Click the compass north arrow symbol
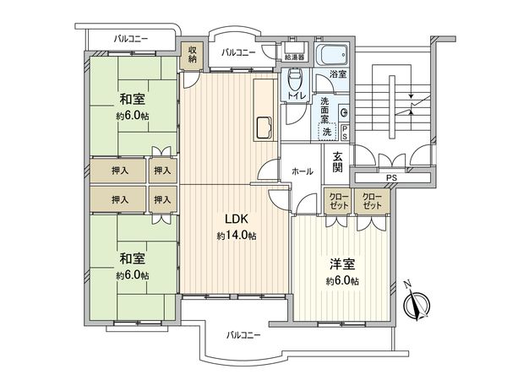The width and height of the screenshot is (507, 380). coord(417,303)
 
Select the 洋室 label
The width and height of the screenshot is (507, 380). coord(342,263)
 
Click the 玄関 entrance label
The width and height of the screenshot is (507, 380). coord(337,160)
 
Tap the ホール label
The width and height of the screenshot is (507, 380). coord(302,171)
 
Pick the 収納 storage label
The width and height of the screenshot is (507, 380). coord(192,54)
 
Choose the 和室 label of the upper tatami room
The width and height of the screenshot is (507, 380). coord(131,99)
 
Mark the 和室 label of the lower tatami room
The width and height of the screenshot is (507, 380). coord(131,259)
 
